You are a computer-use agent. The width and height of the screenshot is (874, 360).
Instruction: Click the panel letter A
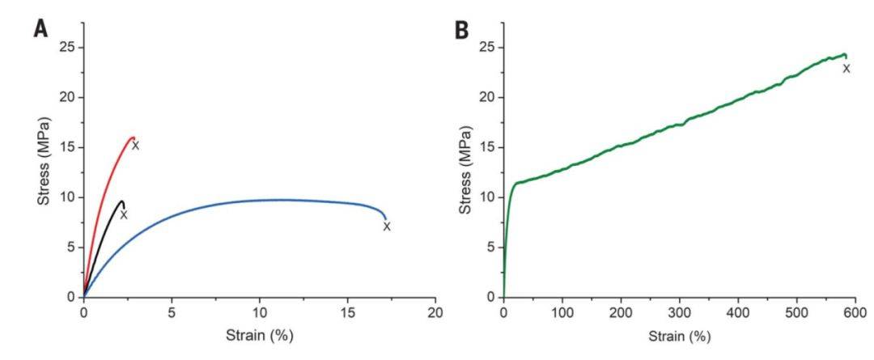(x=41, y=28)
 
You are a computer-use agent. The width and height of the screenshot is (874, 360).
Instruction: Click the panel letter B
(x=462, y=30)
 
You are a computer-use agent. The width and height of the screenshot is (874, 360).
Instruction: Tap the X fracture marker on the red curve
(x=135, y=146)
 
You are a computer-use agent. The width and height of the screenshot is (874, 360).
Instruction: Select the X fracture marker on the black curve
(x=124, y=214)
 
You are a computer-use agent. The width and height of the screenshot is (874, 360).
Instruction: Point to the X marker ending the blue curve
(x=387, y=227)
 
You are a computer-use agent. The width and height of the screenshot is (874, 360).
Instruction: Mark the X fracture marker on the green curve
(x=846, y=69)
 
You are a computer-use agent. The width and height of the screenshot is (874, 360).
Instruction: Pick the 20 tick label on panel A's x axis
(x=436, y=312)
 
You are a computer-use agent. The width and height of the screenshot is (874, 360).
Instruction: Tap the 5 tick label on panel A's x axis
(x=172, y=312)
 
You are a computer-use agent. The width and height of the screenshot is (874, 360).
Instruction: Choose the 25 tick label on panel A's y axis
(x=68, y=47)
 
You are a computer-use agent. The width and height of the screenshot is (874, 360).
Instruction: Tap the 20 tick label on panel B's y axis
(x=488, y=98)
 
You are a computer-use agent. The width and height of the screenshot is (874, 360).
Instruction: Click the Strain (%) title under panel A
(x=259, y=336)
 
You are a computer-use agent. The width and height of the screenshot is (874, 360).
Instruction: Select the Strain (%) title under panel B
(x=680, y=336)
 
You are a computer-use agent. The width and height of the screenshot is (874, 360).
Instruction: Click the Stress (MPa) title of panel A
(x=45, y=160)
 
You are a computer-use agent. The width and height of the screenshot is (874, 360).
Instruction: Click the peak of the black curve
(x=121, y=201)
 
